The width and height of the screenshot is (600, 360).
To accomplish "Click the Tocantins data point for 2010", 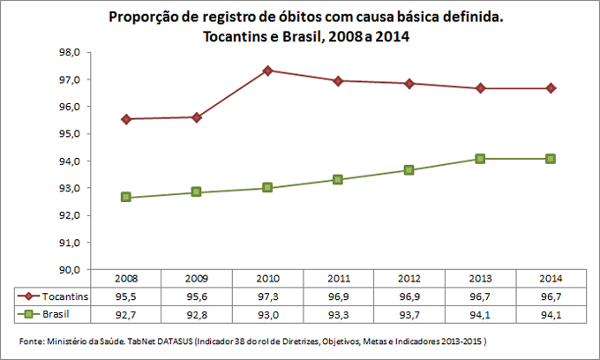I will point(268,71).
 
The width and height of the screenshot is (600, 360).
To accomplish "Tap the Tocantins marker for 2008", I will point(127,119).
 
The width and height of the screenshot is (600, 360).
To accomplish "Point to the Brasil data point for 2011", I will point(339,179).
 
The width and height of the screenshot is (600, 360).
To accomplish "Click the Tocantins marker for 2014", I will point(551,88).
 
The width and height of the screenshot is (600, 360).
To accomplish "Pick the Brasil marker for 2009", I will point(198,191).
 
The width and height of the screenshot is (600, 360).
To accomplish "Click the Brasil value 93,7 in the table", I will point(409,314).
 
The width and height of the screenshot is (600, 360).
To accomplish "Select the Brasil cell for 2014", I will point(551,314).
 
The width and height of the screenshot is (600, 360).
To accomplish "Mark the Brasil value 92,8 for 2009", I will point(198,314).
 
